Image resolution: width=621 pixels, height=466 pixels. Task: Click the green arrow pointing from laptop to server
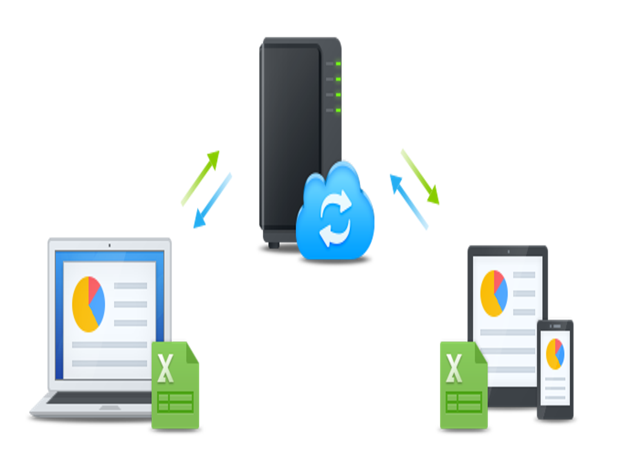tap(200, 178)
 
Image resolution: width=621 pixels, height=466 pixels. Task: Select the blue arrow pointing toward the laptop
tap(212, 201)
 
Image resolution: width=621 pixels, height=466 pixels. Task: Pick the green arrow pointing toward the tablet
tap(420, 176)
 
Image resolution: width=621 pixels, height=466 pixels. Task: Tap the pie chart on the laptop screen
tap(89, 304)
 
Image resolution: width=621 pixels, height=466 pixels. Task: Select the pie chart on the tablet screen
tap(494, 293)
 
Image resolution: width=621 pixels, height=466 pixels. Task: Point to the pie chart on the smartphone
tap(555, 354)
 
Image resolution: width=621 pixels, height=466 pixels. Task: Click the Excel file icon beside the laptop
tap(175, 385)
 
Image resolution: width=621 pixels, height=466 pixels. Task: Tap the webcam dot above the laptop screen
tap(109, 245)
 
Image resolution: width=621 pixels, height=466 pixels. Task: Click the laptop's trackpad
tap(110, 408)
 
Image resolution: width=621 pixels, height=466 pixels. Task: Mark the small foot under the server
tap(274, 245)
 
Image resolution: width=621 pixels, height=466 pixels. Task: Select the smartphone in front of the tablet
tap(555, 369)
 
